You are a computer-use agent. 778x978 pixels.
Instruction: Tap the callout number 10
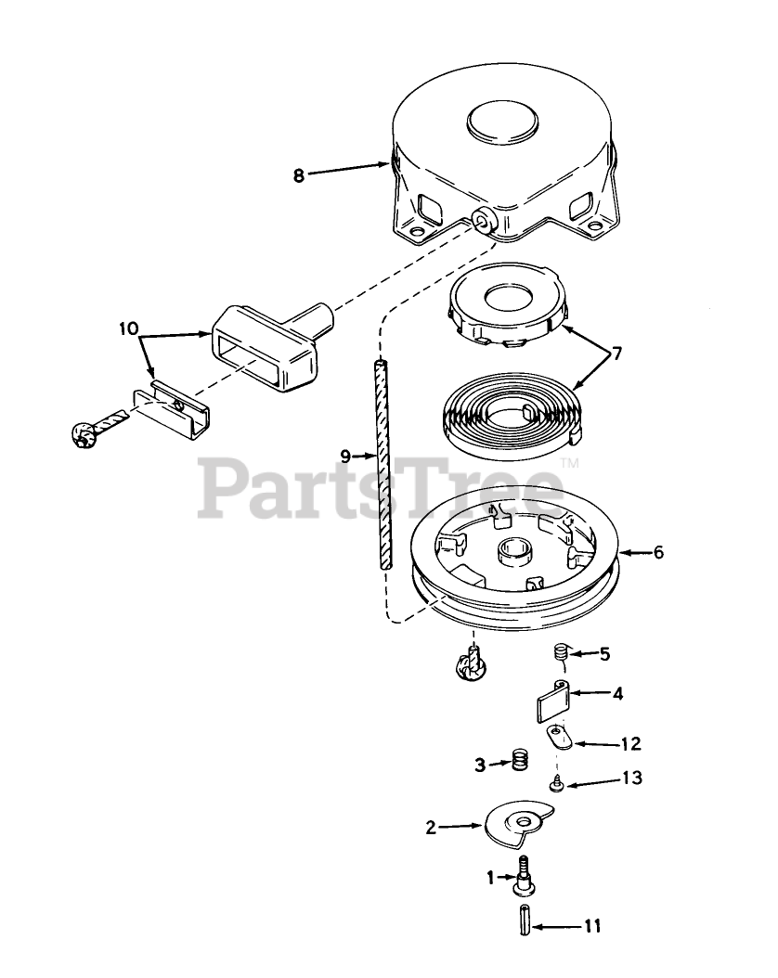[x=128, y=328]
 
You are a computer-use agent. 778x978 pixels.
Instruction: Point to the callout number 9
[x=345, y=456]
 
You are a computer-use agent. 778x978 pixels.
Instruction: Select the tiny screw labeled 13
[x=556, y=785]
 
